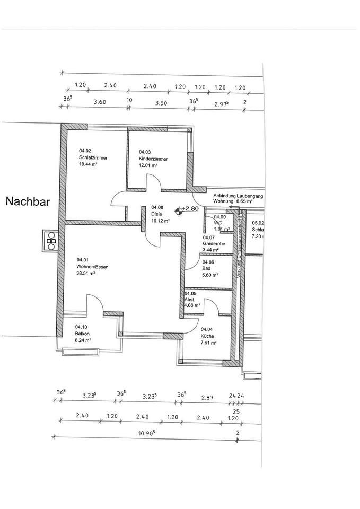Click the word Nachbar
click(x=28, y=201)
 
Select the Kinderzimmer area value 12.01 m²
click(x=148, y=165)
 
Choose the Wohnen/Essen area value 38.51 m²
click(x=85, y=274)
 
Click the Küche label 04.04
click(x=207, y=336)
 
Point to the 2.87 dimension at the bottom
click(x=206, y=397)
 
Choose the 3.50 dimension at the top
click(x=161, y=102)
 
